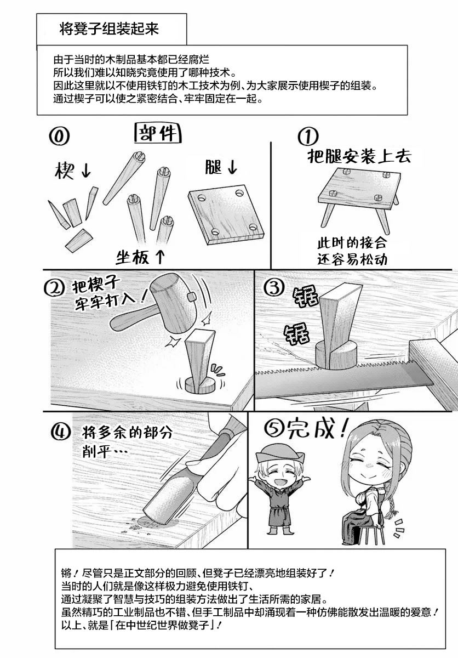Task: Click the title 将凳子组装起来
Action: [x=109, y=29]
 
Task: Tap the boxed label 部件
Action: [x=158, y=134]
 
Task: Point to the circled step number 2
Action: [x=54, y=288]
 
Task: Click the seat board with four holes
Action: [x=226, y=214]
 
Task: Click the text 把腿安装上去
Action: [x=359, y=156]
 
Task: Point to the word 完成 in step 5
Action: [x=311, y=430]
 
